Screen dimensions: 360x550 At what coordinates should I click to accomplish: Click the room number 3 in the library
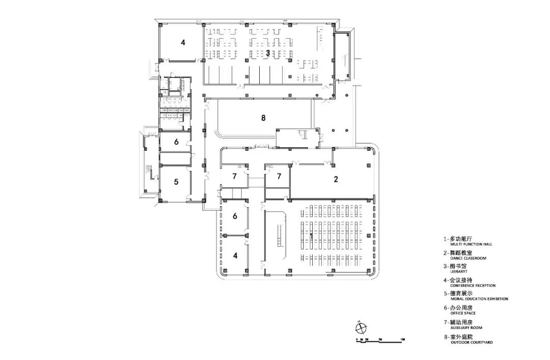[x=267, y=52]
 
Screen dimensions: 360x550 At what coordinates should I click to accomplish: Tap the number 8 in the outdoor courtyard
[x=263, y=118]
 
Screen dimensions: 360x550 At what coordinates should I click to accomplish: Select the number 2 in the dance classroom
[x=336, y=179]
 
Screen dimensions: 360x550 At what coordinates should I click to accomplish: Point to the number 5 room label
[x=176, y=181]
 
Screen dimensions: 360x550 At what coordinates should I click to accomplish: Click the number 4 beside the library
[x=183, y=43]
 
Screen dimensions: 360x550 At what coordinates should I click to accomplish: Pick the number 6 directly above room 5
[x=176, y=142]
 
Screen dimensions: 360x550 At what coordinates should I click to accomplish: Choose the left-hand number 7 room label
[x=234, y=177]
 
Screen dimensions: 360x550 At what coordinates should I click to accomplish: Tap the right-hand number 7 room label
[x=279, y=177]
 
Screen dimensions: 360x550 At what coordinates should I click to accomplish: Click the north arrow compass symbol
[x=360, y=326]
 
